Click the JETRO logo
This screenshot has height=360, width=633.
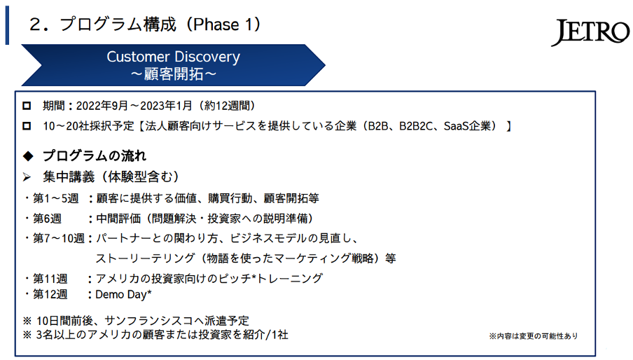coord(590,32)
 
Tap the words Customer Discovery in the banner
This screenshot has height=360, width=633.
coord(173,57)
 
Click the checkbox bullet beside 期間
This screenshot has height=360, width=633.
coord(27,106)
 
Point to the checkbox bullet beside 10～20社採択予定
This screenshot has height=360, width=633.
coord(27,126)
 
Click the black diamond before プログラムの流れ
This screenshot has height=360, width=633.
coord(28,155)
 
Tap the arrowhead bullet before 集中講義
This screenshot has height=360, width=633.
coord(27,176)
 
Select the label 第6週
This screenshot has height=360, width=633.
coord(47,219)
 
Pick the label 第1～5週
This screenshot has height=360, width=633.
coord(56,198)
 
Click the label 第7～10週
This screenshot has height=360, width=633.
coord(59,239)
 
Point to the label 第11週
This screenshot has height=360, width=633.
coord(50,279)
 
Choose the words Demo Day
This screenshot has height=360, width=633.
coord(120,295)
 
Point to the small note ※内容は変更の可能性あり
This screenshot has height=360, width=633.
coord(534,335)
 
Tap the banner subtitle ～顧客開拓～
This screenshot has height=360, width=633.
coord(174,74)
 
